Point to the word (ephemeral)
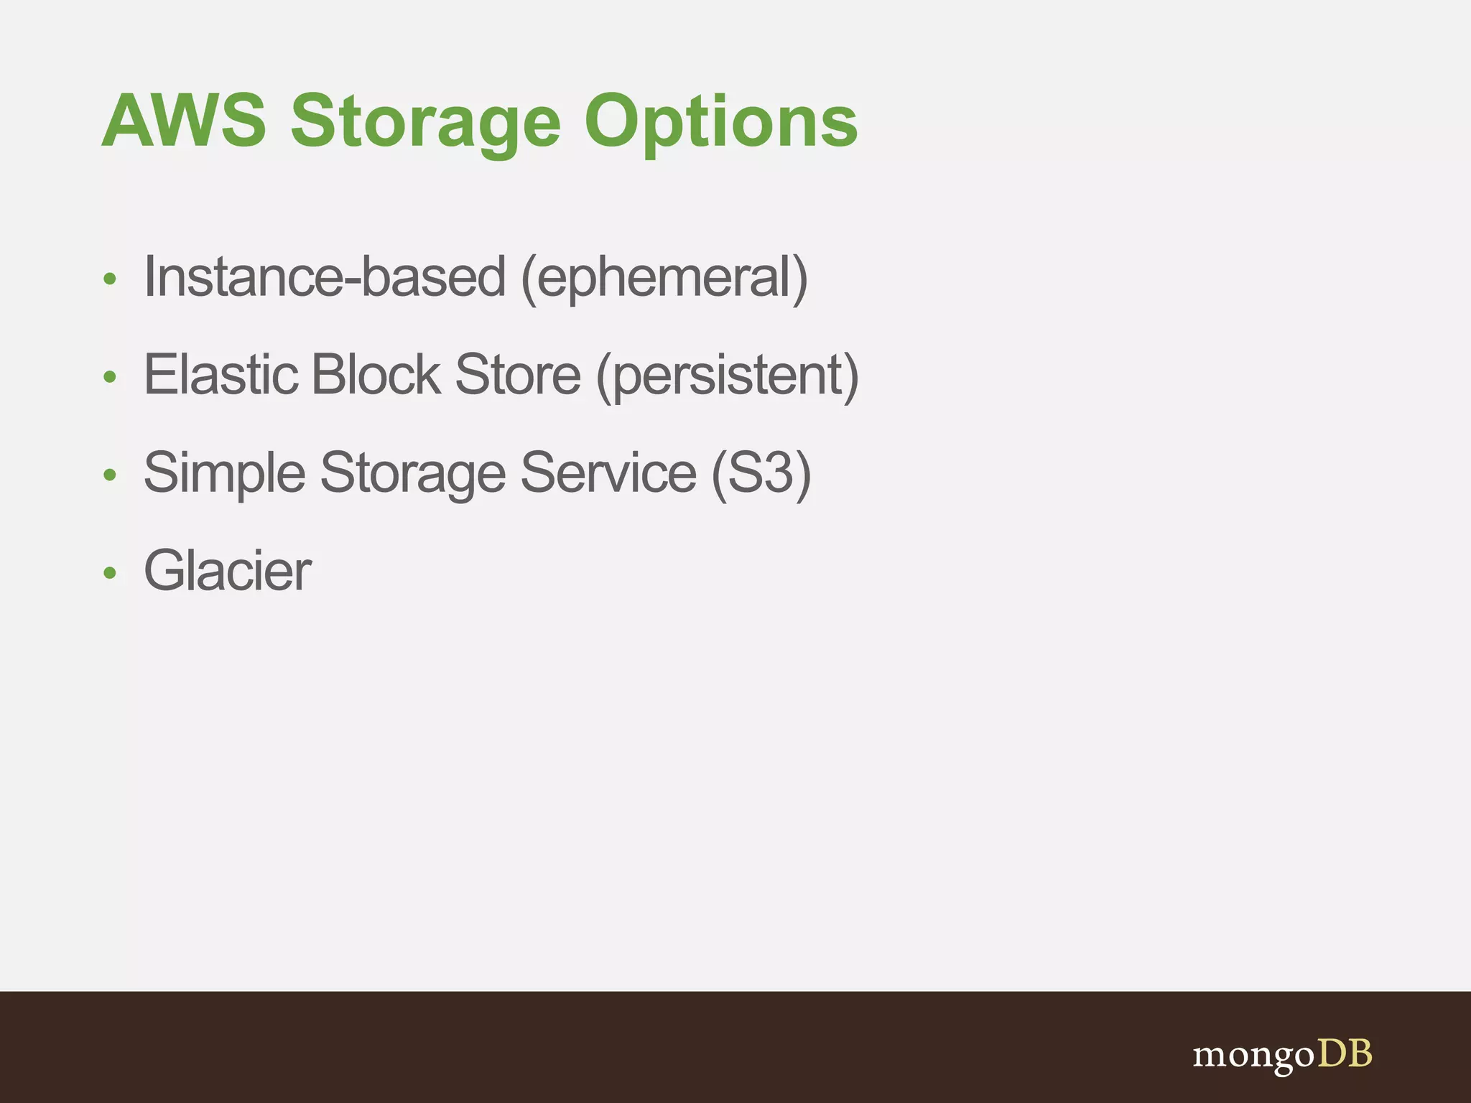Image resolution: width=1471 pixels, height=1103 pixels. point(664,279)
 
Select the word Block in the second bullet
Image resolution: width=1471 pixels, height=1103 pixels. point(376,375)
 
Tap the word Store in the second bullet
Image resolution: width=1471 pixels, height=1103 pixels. point(518,375)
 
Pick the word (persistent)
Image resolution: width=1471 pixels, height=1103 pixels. point(727,376)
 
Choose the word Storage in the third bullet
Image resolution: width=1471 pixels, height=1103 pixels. point(413,474)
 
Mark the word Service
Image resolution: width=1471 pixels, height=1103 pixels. point(608,473)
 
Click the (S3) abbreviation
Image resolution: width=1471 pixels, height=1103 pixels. point(761,474)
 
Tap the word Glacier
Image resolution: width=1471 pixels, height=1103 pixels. point(228,571)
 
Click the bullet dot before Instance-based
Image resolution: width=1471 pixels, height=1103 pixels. point(109,279)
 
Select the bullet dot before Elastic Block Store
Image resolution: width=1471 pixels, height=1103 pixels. point(109,377)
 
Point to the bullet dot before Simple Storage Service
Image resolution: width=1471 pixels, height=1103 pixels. point(109,475)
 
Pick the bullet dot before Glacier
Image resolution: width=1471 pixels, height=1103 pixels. point(109,573)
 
